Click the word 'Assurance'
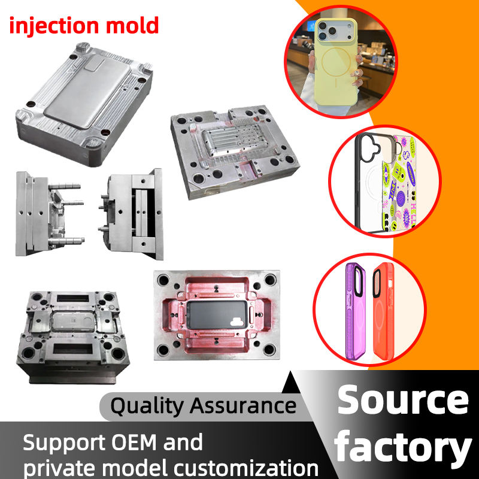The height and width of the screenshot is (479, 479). (243, 405)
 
